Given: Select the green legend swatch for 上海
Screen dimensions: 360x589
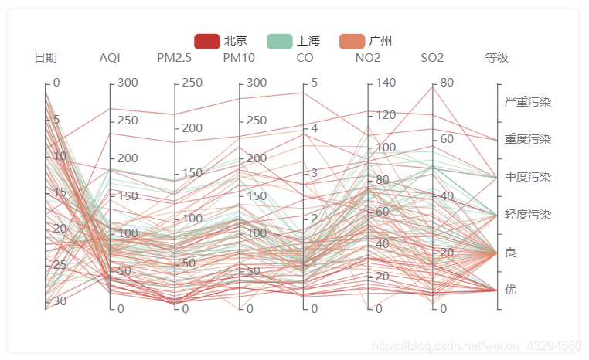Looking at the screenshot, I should [x=279, y=41].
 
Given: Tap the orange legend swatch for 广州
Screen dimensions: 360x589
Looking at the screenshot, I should [x=352, y=41].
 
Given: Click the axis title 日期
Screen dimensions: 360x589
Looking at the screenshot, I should [x=46, y=58].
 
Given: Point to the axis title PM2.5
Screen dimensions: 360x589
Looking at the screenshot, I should [x=175, y=58].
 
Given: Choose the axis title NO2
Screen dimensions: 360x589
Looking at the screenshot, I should [x=368, y=58].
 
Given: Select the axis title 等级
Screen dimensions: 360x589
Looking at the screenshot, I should [x=497, y=58].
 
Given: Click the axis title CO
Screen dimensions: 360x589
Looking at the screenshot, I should [x=305, y=58].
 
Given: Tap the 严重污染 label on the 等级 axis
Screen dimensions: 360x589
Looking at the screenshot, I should [x=528, y=102].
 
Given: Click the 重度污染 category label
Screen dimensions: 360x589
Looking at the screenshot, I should [x=528, y=139].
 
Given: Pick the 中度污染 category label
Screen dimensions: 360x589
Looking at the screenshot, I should [x=528, y=177].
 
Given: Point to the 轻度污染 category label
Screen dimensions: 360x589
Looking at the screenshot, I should [x=528, y=215].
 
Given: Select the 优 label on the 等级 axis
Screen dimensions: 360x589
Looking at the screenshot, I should [x=511, y=290].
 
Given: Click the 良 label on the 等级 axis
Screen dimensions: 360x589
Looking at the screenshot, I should [x=511, y=253].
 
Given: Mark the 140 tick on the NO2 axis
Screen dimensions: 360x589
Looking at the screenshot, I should [x=386, y=83].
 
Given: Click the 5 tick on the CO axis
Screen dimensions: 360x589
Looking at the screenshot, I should [x=314, y=83].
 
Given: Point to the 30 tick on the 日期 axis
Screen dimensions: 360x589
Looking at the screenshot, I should [x=59, y=301].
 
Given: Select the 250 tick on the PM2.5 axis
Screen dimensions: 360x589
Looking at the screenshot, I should [x=192, y=83].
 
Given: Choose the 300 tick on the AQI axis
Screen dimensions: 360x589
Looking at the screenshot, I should [x=127, y=83].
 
